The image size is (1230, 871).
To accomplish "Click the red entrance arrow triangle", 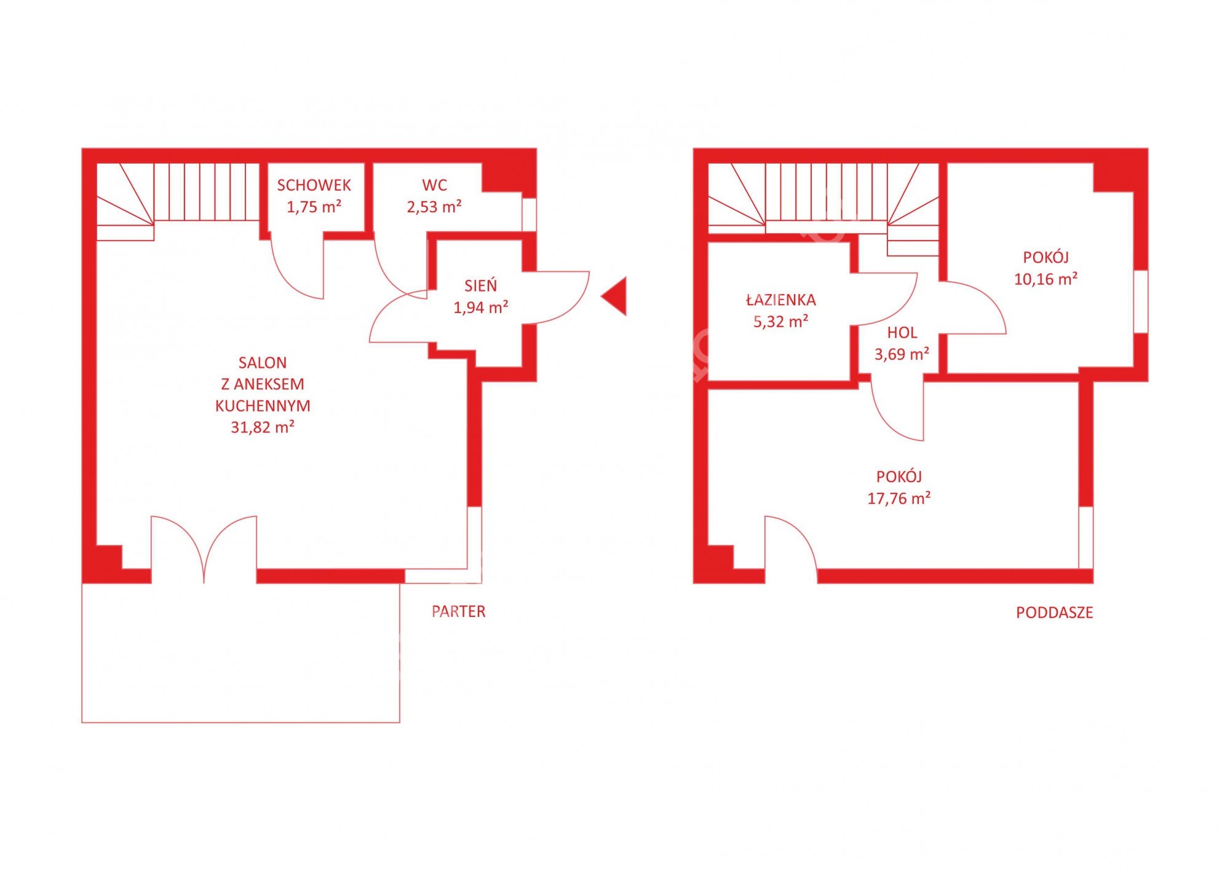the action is click(x=617, y=296).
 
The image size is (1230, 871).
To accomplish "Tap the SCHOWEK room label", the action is click(x=314, y=185).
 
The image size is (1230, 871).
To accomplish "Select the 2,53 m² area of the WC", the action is click(x=434, y=207).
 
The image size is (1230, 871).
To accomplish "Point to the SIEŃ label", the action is click(x=480, y=285).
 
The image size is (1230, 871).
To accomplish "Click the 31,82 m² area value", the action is click(x=263, y=427).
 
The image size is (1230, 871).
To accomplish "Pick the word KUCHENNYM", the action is click(x=263, y=406).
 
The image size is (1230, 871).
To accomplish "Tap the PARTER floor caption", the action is click(x=458, y=611).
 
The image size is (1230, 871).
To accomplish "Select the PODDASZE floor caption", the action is click(x=1054, y=613).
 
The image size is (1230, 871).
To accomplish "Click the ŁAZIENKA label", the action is click(x=780, y=300).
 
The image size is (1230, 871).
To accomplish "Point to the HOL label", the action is click(x=902, y=333).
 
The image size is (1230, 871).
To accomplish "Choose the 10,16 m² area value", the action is click(x=1045, y=279).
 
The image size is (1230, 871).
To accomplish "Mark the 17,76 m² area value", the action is click(x=899, y=498).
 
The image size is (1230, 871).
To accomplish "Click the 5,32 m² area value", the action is click(x=780, y=321).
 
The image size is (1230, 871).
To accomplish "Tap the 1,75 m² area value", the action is click(x=314, y=207).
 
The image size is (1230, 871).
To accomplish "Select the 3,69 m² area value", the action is click(x=902, y=354).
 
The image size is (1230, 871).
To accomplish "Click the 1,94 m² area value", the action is click(x=480, y=307).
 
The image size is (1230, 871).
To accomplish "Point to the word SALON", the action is click(x=263, y=363).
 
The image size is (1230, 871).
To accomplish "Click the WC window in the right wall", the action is click(x=529, y=214).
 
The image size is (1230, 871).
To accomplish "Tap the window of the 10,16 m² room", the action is click(x=1141, y=302).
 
